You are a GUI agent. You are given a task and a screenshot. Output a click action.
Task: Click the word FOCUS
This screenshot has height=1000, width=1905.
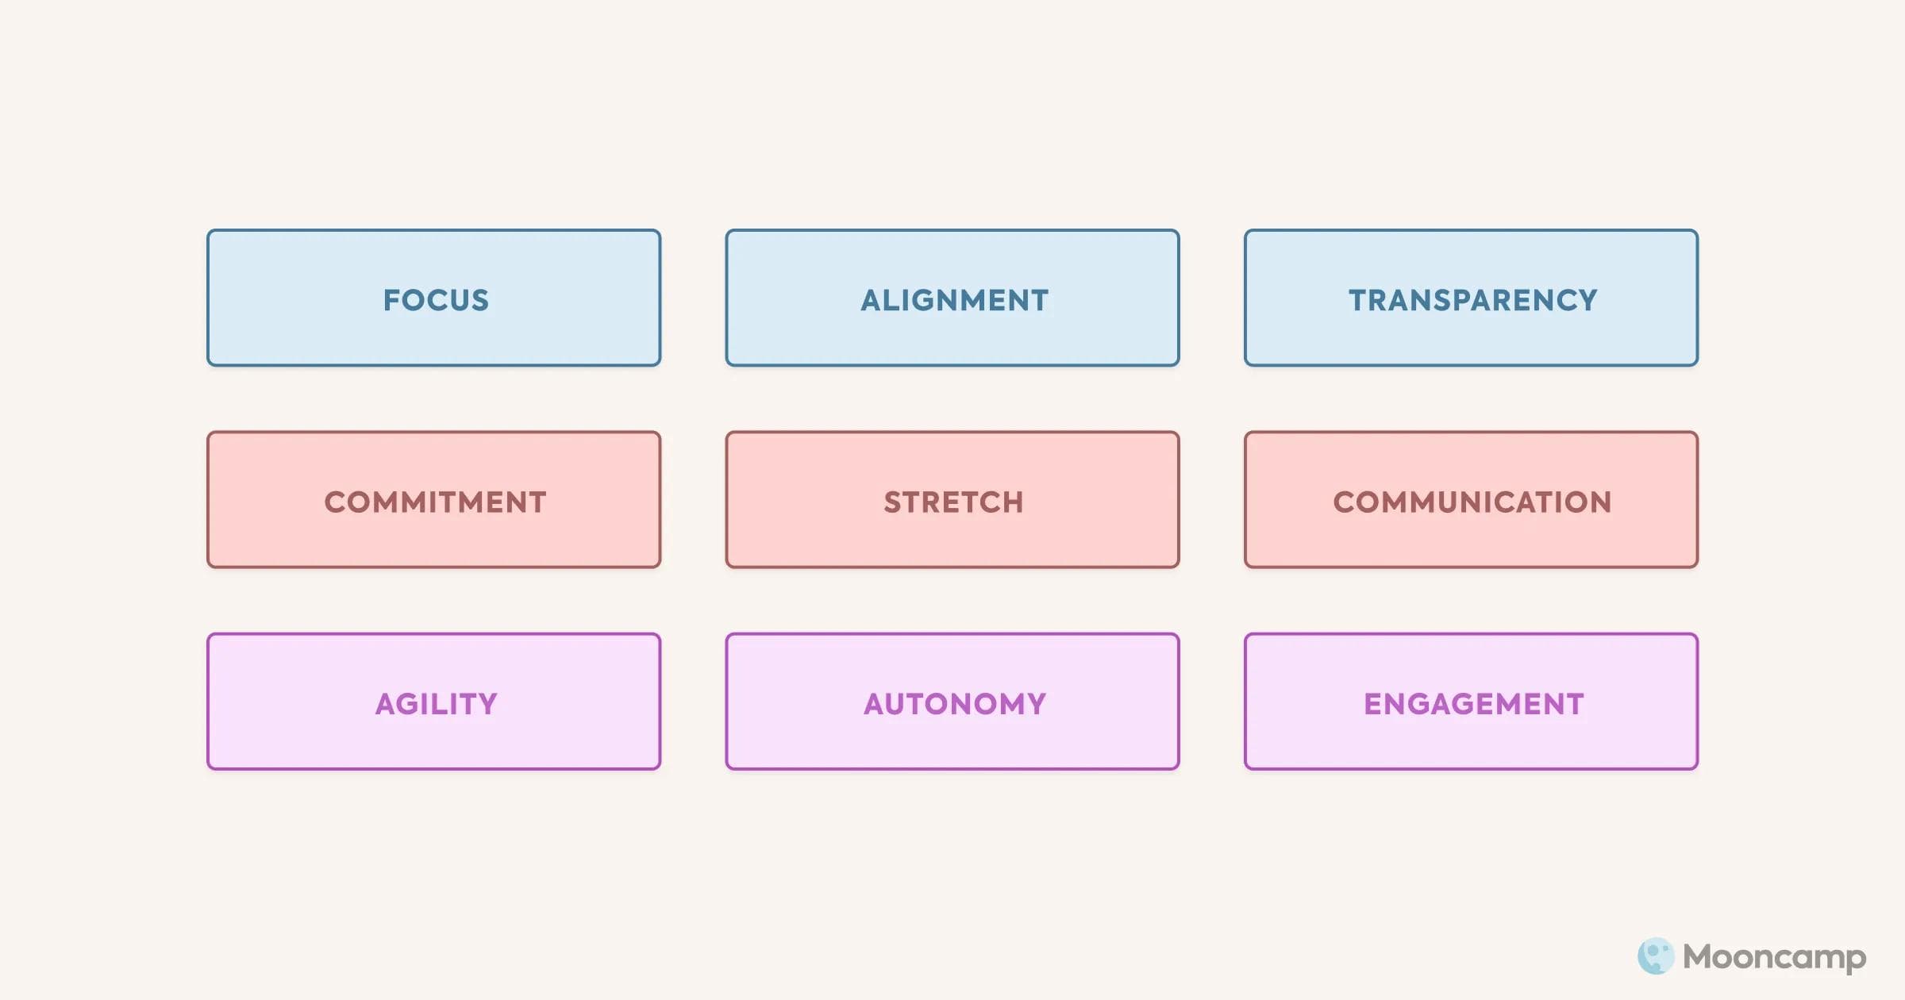[x=436, y=300]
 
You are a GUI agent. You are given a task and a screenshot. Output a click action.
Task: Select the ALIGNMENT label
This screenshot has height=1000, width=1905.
[x=955, y=300]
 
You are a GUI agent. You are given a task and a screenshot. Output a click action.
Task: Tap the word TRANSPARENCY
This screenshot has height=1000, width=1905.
[x=1473, y=300]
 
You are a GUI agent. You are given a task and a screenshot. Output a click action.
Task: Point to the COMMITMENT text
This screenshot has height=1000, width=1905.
[x=436, y=502]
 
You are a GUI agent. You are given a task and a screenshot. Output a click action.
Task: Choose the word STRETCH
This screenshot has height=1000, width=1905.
[x=954, y=502]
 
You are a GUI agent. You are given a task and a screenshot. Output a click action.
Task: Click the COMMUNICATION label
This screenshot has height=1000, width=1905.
[x=1472, y=502]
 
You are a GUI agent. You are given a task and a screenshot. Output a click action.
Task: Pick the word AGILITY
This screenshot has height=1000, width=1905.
[x=437, y=703]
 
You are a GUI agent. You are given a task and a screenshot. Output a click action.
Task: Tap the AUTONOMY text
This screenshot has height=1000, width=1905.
[x=955, y=703]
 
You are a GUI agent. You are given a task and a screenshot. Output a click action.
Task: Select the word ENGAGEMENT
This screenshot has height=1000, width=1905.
[x=1474, y=703]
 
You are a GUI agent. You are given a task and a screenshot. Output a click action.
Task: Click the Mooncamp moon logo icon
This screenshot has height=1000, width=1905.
[x=1656, y=956]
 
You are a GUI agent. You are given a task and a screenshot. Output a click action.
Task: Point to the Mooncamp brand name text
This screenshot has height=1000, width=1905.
[x=1775, y=958]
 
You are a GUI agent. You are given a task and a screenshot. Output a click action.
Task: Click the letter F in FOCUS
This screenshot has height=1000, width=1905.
[x=392, y=300]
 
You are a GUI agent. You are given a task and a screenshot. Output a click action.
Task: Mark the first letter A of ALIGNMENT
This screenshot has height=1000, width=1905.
[x=873, y=300]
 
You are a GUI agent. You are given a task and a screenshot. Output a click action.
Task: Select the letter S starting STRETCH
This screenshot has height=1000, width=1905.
[x=894, y=502]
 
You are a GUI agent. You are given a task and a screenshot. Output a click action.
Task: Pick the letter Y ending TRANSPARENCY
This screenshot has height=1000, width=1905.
[x=1586, y=300]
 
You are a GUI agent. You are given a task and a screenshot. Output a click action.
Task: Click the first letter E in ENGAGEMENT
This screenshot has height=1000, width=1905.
[x=1373, y=703]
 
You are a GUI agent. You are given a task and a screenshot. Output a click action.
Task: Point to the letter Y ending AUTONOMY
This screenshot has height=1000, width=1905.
[x=1035, y=703]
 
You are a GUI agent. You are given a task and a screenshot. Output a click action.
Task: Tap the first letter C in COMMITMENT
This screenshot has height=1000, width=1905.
[x=337, y=502]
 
